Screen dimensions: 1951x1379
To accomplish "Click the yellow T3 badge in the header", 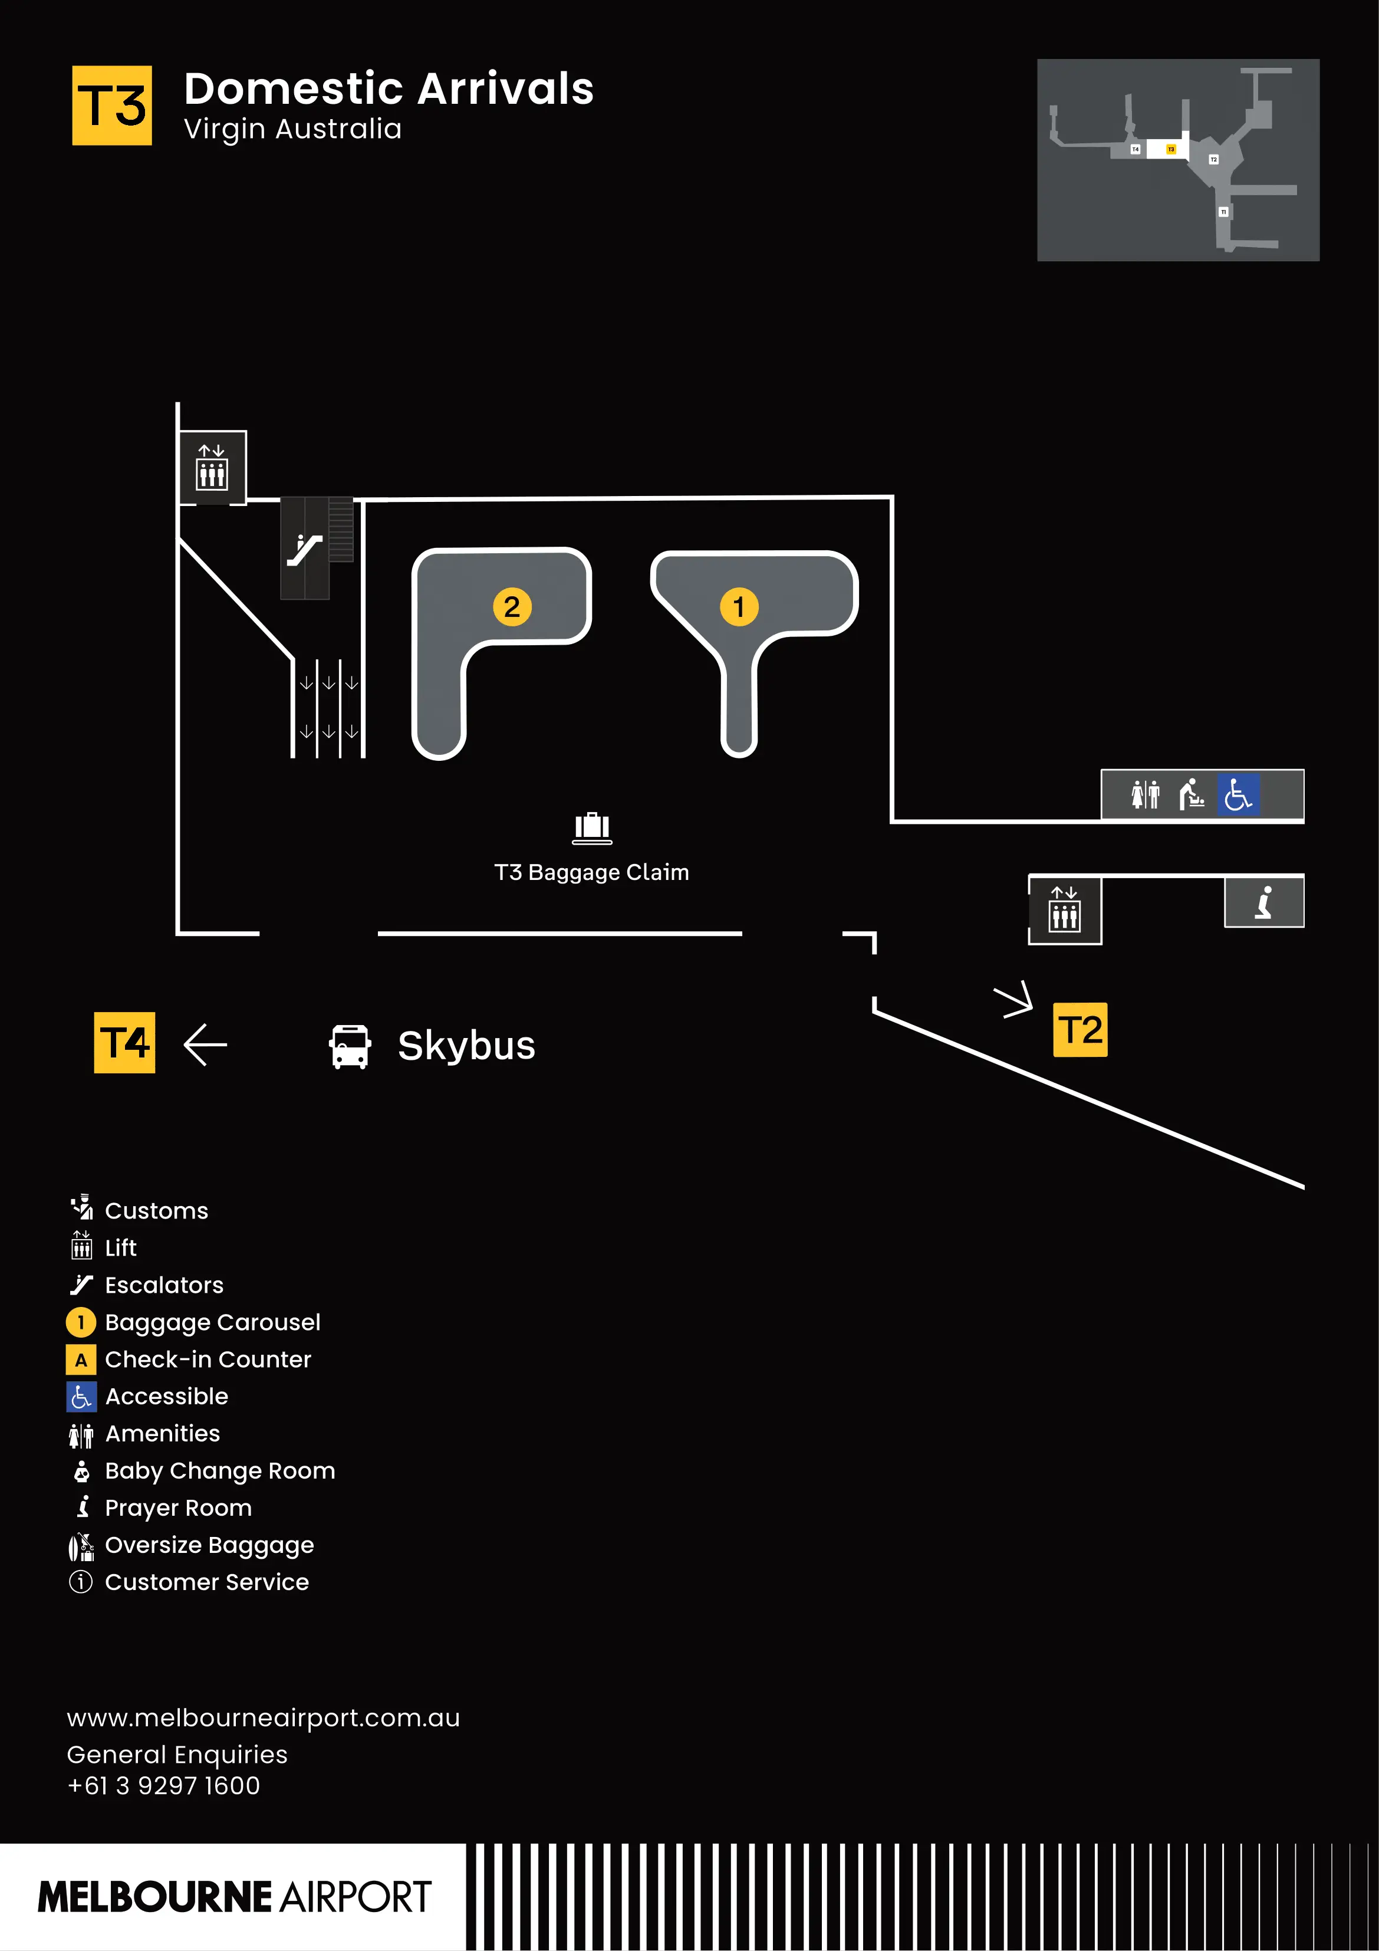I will [111, 106].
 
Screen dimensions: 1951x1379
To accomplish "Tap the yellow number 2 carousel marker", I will [512, 607].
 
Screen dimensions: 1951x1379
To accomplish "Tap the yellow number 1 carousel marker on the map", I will [738, 607].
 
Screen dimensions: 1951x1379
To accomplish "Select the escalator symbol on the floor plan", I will [304, 549].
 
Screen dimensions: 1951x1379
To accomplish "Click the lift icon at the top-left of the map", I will [212, 467].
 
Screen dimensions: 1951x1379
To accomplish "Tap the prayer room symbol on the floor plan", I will [1263, 902].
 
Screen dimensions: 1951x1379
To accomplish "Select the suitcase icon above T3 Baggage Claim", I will [591, 827].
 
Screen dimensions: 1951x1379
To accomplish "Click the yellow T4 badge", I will [124, 1043].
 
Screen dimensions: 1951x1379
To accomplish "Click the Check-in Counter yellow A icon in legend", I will [81, 1359].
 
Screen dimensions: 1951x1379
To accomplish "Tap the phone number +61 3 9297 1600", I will [163, 1785].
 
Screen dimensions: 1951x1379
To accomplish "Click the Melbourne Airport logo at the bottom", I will [235, 1897].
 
